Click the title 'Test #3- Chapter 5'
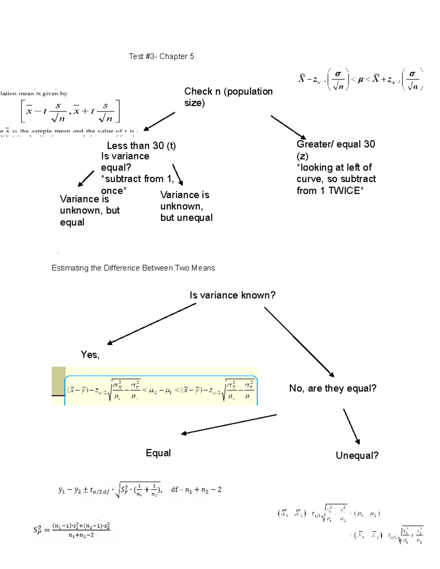161,56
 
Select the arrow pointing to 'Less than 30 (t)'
159,121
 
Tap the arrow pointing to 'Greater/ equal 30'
288,127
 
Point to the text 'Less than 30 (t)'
141,146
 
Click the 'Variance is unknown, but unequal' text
186,206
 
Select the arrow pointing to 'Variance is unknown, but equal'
86,178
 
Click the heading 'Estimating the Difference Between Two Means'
133,268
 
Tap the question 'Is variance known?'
232,295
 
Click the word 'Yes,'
90,355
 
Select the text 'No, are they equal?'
333,388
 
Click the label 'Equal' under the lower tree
158,453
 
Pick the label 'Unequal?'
357,455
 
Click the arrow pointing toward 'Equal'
229,424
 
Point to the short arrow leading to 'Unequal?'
351,426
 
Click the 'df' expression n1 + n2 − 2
196,490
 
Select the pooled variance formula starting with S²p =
71,529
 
